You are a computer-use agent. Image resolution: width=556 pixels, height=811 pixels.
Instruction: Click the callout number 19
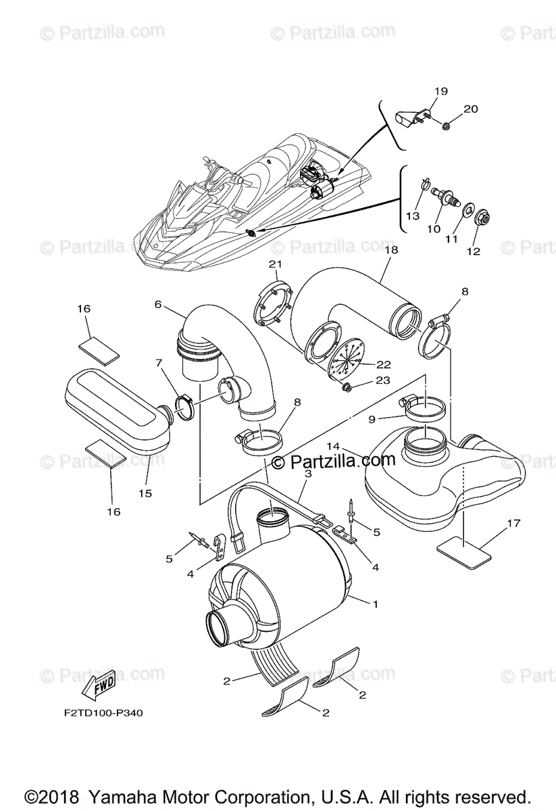coord(440,91)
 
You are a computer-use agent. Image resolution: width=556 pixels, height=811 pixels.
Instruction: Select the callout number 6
coord(157,304)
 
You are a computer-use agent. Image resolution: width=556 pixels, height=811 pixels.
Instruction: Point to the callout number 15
coord(145,493)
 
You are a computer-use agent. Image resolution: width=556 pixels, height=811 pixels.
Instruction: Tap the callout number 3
coord(307,474)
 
